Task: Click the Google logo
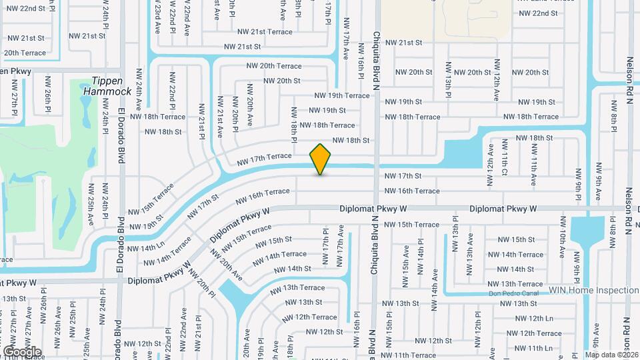(22, 351)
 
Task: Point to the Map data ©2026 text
(611, 355)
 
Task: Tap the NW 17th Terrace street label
(265, 156)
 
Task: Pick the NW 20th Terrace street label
(273, 66)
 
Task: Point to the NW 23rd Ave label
(158, 19)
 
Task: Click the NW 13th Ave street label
(470, 246)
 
